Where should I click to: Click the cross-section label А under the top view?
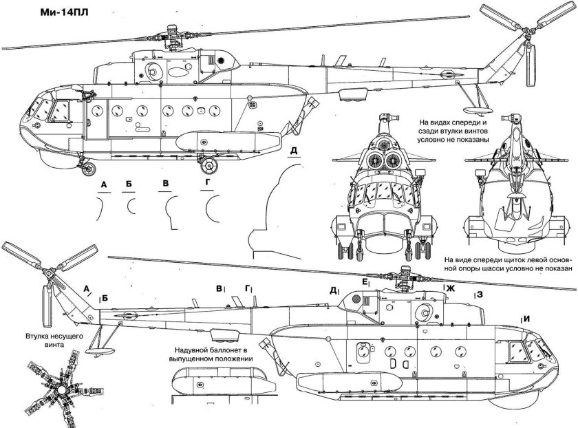(104, 185)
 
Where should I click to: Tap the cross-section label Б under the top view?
(129, 185)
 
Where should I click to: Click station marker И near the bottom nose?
(526, 318)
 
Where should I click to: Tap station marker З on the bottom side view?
(478, 295)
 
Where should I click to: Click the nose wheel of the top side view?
(85, 165)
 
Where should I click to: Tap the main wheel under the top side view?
(207, 164)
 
